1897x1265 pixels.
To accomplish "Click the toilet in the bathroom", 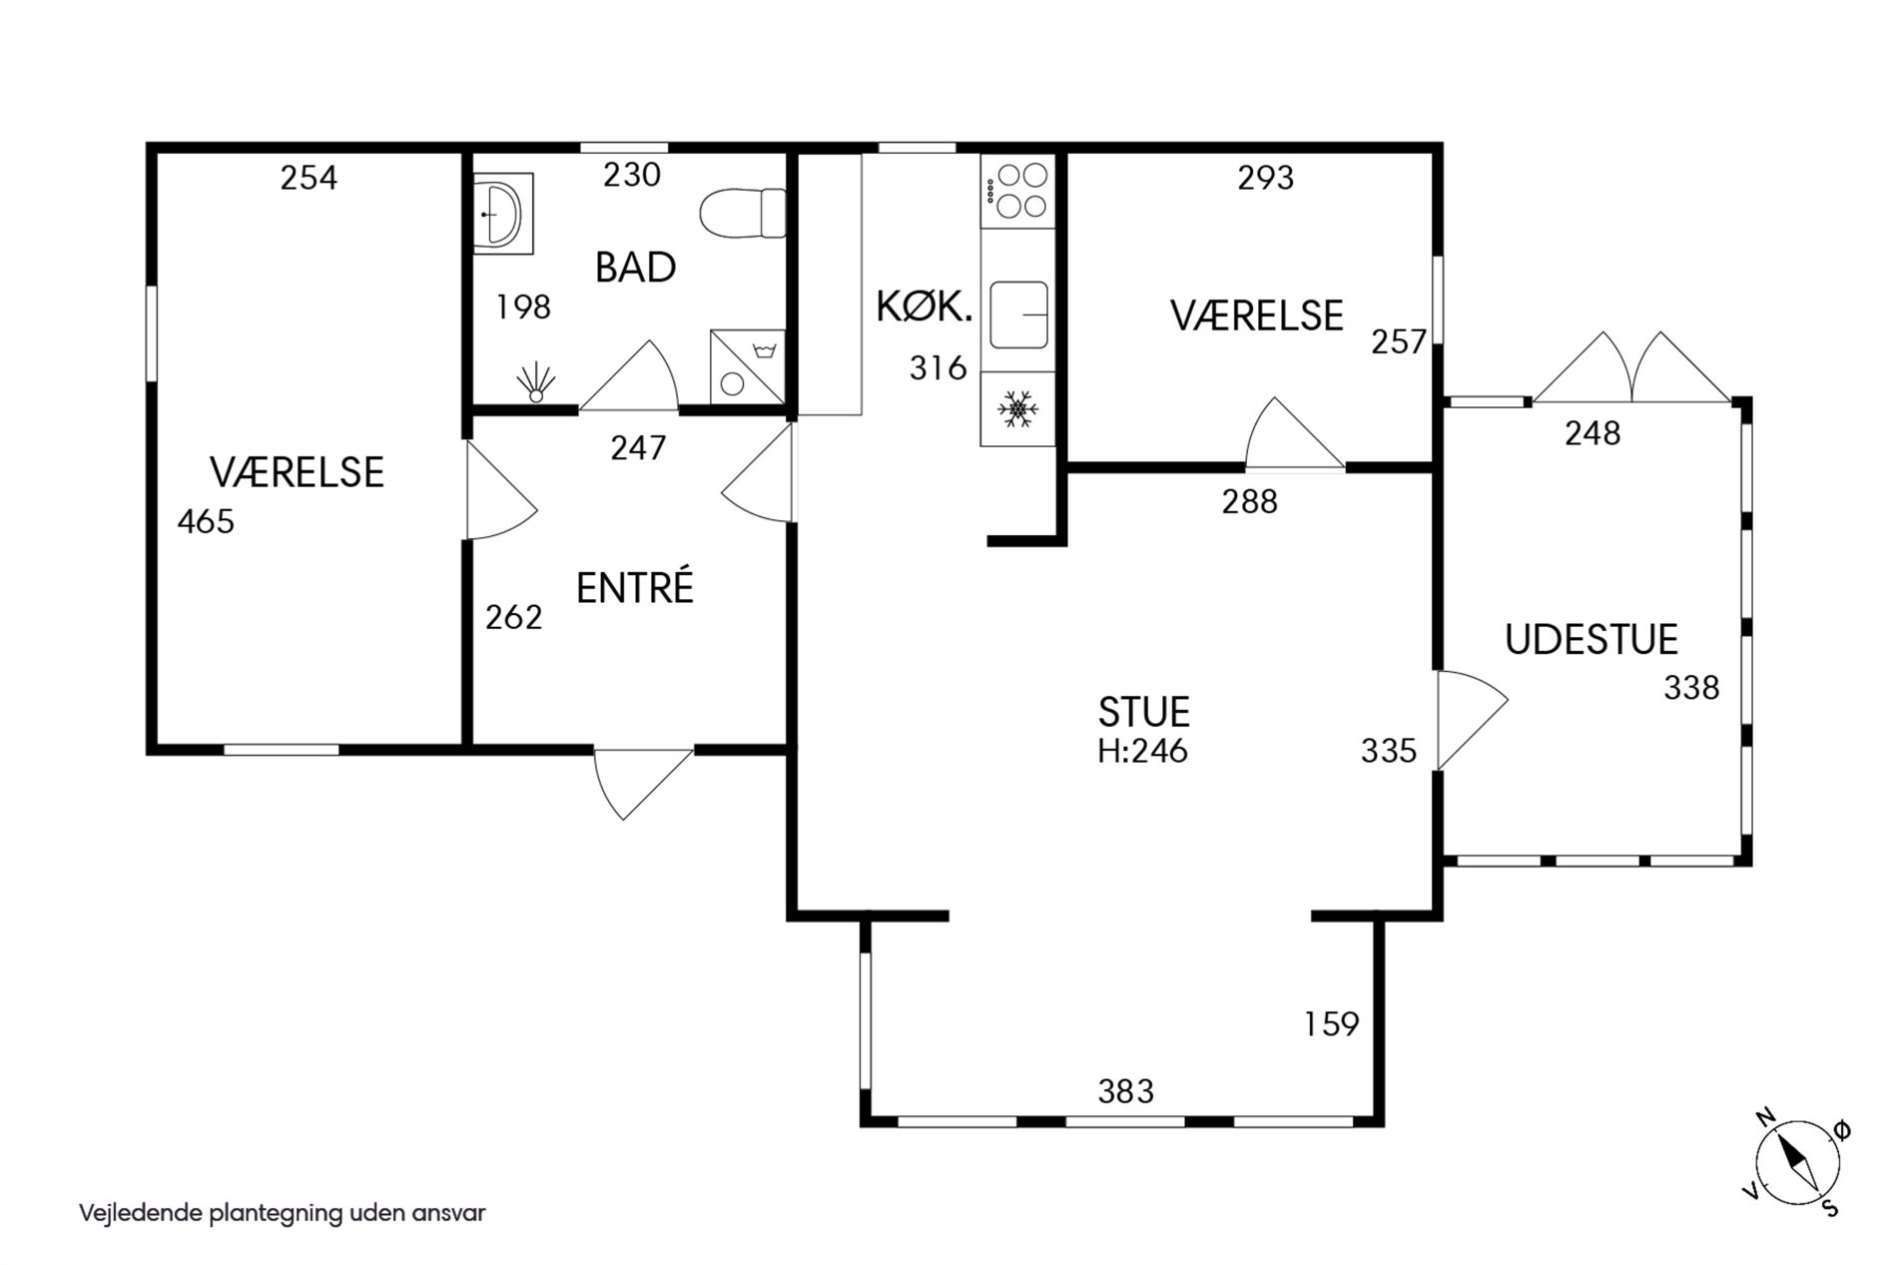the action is [x=743, y=213].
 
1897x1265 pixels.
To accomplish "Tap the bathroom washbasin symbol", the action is [x=502, y=214].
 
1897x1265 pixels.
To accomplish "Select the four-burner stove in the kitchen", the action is [x=1017, y=191].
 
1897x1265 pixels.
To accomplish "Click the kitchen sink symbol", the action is [x=1017, y=314].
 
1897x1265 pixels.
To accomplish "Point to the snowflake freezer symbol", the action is [x=1017, y=408].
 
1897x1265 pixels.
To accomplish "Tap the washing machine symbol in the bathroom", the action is [x=747, y=366].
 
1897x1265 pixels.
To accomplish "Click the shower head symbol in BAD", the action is [x=537, y=382].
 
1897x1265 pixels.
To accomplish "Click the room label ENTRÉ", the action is [x=634, y=588].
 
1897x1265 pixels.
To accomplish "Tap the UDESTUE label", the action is [x=1591, y=640].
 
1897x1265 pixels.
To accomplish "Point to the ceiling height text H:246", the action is [x=1143, y=750].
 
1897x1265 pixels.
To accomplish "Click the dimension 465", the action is [x=206, y=521].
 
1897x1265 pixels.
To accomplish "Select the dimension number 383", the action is [x=1126, y=1091].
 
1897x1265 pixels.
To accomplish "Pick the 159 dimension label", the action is [x=1332, y=1024].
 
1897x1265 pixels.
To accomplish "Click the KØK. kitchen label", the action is [x=925, y=307].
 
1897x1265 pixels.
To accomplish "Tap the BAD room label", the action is [x=636, y=268].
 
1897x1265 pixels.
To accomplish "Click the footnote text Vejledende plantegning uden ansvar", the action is [x=283, y=1214].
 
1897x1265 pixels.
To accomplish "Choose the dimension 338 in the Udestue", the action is [x=1691, y=688].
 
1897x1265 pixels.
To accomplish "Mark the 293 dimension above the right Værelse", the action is [x=1265, y=178].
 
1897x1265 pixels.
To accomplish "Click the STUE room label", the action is [x=1144, y=713].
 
